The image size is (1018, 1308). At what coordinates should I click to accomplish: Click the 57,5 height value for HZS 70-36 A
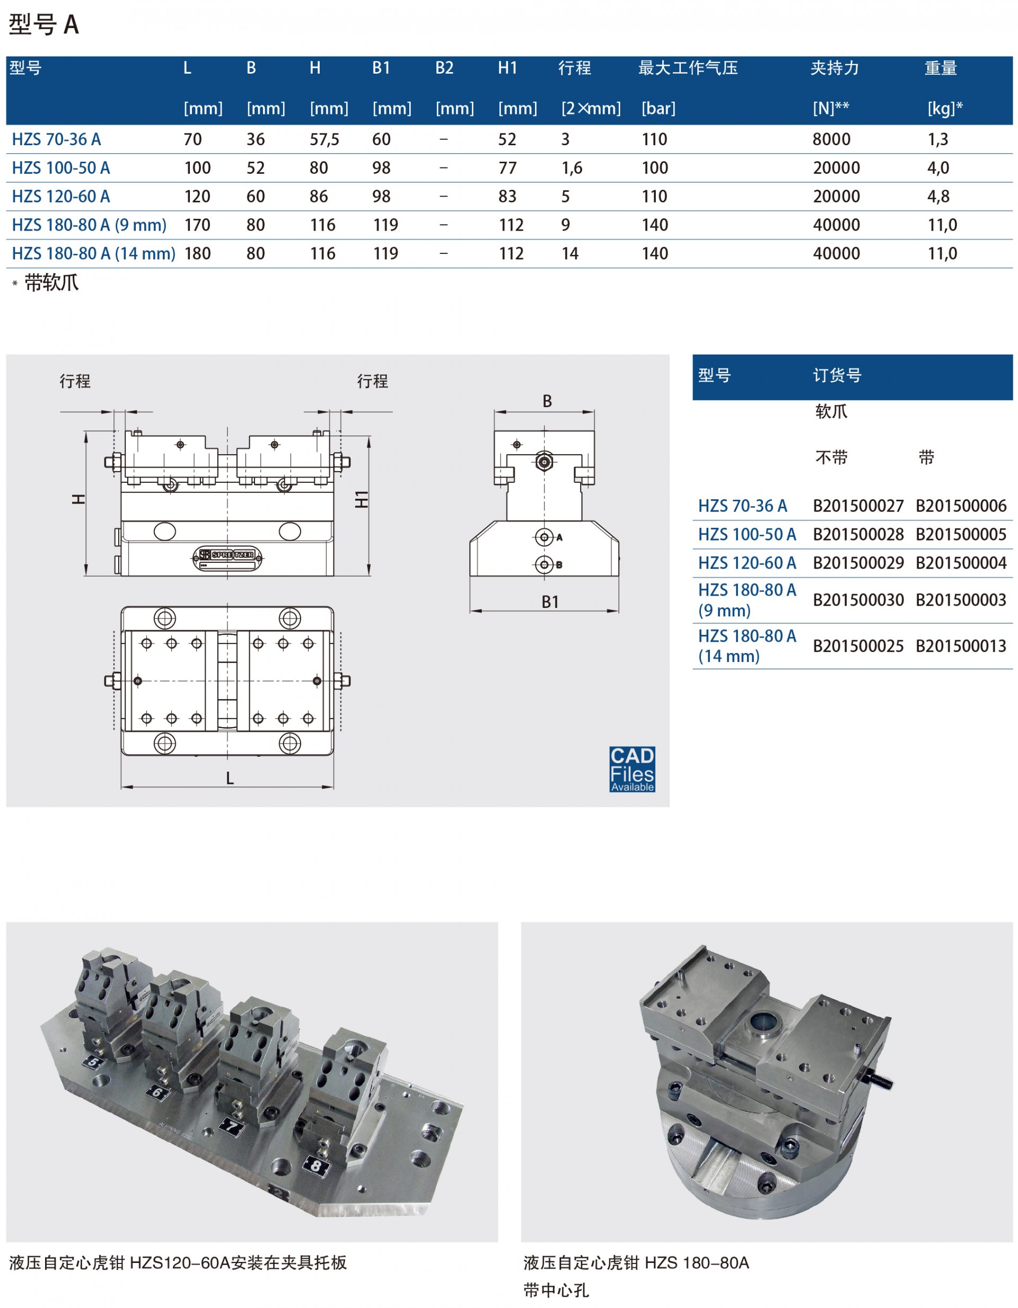(x=324, y=139)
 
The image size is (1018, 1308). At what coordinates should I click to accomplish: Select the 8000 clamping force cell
(x=831, y=139)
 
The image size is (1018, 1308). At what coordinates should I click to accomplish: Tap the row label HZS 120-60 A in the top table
(x=61, y=197)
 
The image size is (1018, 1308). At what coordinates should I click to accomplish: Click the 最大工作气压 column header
(x=688, y=68)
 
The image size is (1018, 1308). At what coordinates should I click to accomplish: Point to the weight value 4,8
(x=938, y=197)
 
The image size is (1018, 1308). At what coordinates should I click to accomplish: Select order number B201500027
(x=858, y=506)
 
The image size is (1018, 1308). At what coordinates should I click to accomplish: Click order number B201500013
(x=961, y=646)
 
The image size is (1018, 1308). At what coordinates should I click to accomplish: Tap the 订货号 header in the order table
(x=837, y=376)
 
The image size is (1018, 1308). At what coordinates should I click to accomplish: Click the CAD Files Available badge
(x=632, y=769)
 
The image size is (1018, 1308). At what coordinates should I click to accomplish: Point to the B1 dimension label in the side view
(x=550, y=602)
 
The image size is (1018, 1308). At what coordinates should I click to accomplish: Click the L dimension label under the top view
(x=230, y=778)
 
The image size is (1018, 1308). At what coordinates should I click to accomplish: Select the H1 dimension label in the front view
(x=361, y=499)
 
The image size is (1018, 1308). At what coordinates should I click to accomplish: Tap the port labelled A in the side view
(x=545, y=537)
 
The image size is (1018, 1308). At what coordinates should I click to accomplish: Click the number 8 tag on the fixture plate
(x=316, y=1166)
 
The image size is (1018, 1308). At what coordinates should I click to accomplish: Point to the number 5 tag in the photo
(x=93, y=1062)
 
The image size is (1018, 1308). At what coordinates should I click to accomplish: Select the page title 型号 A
(x=43, y=24)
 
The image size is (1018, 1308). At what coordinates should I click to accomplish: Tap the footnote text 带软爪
(x=51, y=282)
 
